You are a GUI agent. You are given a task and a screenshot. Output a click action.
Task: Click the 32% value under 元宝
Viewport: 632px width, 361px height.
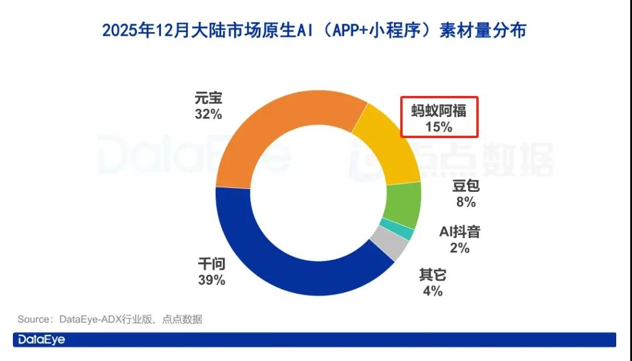click(208, 115)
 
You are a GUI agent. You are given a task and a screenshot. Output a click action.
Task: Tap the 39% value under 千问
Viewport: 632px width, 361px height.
click(212, 280)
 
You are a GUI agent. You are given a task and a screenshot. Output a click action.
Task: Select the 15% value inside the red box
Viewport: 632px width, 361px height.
click(439, 126)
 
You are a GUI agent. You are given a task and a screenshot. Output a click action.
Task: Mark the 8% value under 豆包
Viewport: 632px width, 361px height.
click(466, 202)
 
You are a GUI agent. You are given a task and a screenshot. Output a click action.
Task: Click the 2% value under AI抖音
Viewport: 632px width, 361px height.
click(460, 248)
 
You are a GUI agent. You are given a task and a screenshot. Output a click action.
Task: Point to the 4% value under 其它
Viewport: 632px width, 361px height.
click(432, 291)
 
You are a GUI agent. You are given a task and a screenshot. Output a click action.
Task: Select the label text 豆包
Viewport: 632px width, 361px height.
click(466, 187)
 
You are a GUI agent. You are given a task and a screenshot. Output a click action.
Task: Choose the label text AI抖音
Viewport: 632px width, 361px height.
click(460, 232)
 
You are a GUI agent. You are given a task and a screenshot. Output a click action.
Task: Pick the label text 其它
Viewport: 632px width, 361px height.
click(432, 274)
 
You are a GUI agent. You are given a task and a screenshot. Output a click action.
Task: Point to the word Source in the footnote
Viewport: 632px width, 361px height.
click(35, 319)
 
